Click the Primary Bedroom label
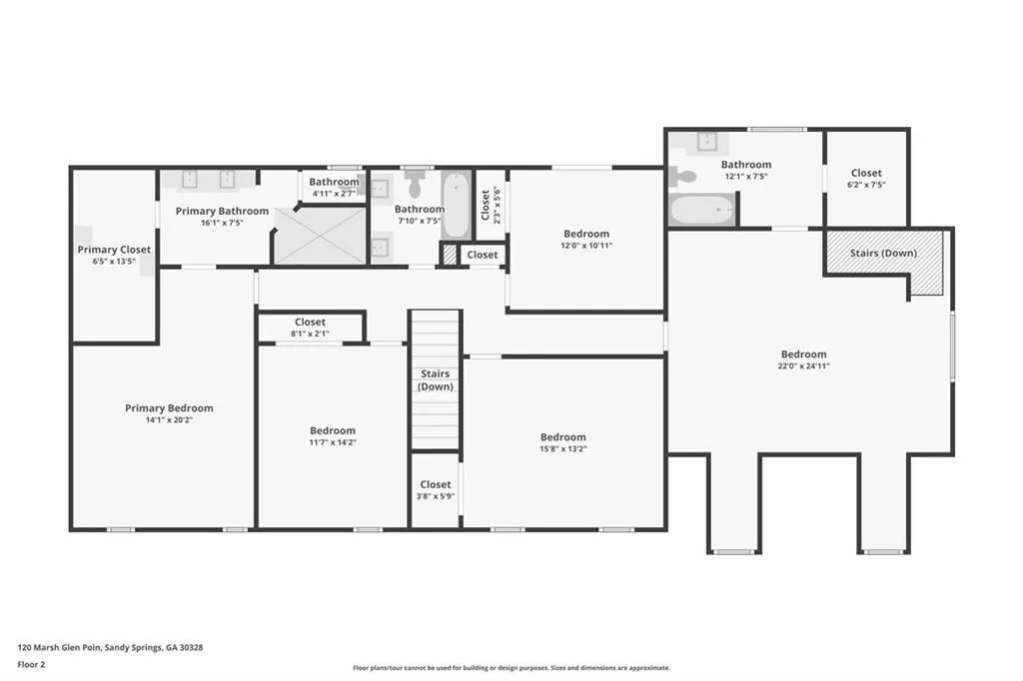click(x=169, y=407)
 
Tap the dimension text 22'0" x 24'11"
click(x=804, y=366)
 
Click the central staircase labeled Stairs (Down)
click(x=435, y=379)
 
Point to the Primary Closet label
click(x=114, y=250)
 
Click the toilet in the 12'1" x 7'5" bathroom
click(x=684, y=176)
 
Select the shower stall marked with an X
click(x=321, y=236)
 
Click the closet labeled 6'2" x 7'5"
click(x=866, y=178)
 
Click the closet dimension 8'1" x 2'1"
click(x=310, y=334)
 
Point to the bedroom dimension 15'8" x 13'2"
click(x=563, y=449)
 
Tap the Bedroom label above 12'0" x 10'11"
click(x=585, y=234)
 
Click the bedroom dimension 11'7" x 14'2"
click(x=333, y=442)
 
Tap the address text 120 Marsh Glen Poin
click(x=60, y=647)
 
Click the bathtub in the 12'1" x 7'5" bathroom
click(x=701, y=210)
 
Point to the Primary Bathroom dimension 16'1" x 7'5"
click(x=222, y=223)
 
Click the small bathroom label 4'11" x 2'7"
click(x=333, y=193)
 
